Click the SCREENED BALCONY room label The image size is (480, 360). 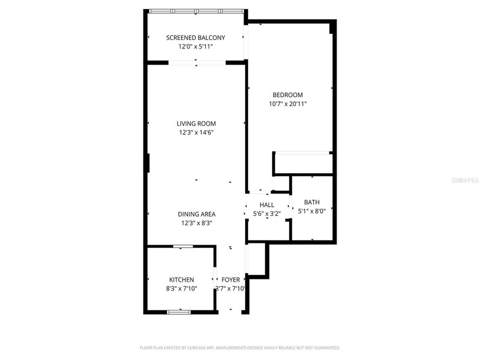pyautogui.click(x=195, y=38)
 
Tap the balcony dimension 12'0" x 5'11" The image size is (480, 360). pyautogui.click(x=195, y=47)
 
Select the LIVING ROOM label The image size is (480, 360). pyautogui.click(x=196, y=123)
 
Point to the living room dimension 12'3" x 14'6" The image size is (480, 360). pyautogui.click(x=196, y=133)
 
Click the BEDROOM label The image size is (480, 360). pyautogui.click(x=287, y=95)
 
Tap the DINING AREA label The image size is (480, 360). pyautogui.click(x=196, y=214)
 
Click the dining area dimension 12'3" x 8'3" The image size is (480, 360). pyautogui.click(x=196, y=223)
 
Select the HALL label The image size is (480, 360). pyautogui.click(x=267, y=205)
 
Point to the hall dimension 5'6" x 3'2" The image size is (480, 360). pyautogui.click(x=267, y=214)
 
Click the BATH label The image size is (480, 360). pyautogui.click(x=312, y=202)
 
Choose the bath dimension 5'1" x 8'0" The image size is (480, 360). pyautogui.click(x=312, y=211)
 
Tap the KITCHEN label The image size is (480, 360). pyautogui.click(x=181, y=279)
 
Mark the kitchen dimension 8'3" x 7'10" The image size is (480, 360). pyautogui.click(x=181, y=289)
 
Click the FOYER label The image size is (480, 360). pyautogui.click(x=231, y=279)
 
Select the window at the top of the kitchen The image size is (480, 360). pyautogui.click(x=183, y=246)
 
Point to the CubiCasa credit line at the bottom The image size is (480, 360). pyautogui.click(x=240, y=347)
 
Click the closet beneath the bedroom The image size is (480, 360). pyautogui.click(x=303, y=163)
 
